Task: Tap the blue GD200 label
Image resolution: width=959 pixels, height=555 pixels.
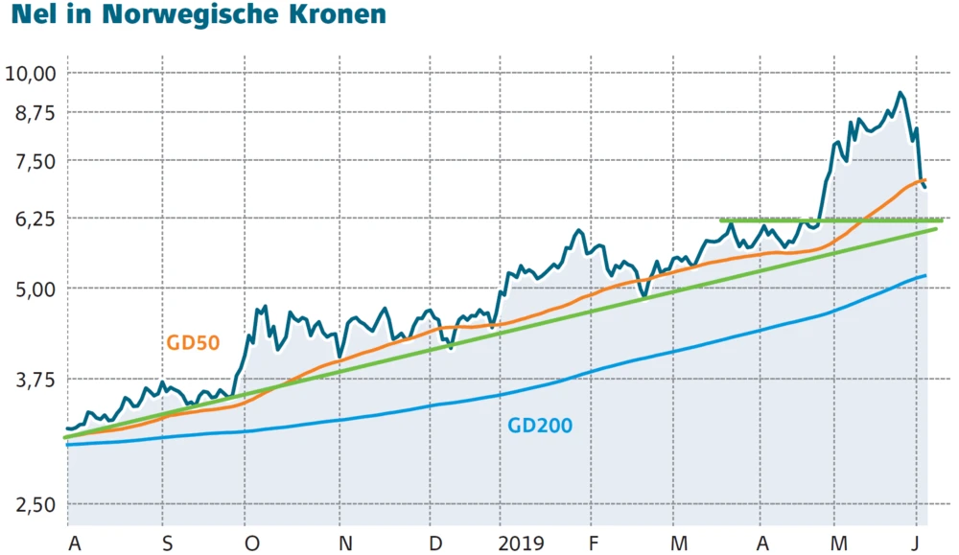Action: [540, 426]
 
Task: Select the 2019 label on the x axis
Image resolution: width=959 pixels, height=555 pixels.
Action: [522, 544]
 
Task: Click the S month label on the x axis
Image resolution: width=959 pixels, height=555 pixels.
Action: [168, 544]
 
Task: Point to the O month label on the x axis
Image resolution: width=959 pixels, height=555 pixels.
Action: [252, 544]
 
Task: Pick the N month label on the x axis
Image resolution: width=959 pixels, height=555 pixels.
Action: [346, 544]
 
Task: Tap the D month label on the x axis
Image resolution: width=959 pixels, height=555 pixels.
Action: [435, 544]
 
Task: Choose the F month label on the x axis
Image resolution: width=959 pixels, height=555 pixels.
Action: [594, 544]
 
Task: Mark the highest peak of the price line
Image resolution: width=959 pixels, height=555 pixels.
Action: [900, 93]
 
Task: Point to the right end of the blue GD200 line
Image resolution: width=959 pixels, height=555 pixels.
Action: [925, 276]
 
